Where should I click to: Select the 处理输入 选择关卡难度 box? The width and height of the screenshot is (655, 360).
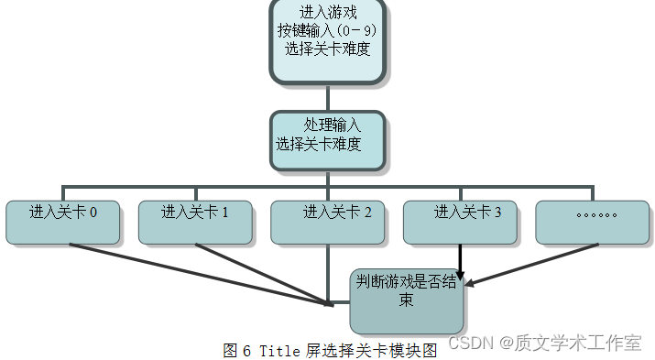point(327,140)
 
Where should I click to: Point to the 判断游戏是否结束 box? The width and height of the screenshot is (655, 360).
point(406,299)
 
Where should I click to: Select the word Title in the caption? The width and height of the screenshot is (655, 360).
point(280,350)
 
